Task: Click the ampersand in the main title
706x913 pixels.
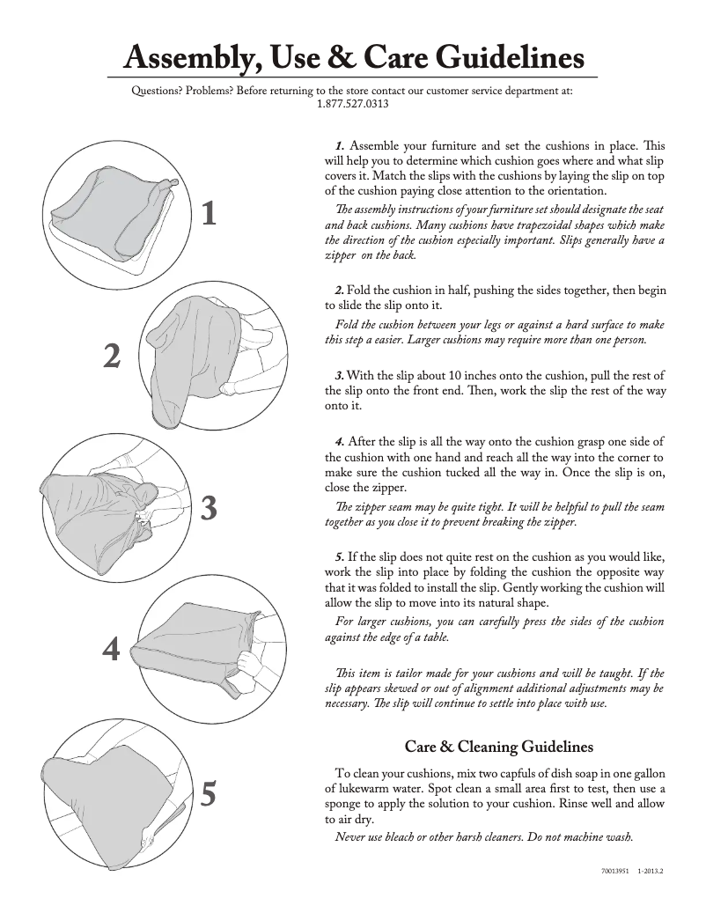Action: point(319,58)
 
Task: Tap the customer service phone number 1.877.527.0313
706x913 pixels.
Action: point(352,103)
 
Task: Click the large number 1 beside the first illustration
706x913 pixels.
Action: point(209,213)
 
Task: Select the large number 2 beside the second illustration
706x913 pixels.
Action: point(112,357)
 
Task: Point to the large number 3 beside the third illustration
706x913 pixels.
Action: point(209,508)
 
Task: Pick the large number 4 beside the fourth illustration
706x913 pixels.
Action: point(111,649)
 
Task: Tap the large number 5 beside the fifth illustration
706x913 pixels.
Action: point(209,794)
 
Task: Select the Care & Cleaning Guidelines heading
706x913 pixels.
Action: point(498,747)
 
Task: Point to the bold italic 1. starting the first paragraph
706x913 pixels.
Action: point(340,146)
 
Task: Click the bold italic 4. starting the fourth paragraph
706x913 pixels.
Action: point(340,441)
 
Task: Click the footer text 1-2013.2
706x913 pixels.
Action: point(651,872)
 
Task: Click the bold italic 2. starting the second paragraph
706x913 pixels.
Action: point(340,291)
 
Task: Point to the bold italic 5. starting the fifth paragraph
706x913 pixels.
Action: point(340,557)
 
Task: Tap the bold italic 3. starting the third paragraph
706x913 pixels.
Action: point(340,376)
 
